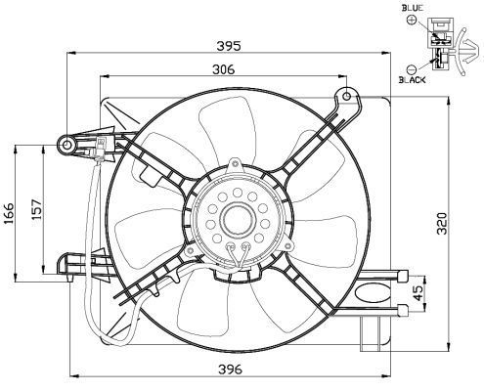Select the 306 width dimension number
click(x=223, y=69)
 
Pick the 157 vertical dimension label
click(x=37, y=208)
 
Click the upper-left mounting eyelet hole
click(x=68, y=145)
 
